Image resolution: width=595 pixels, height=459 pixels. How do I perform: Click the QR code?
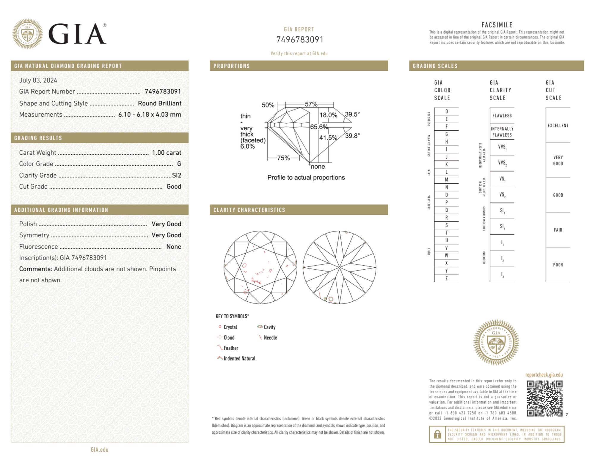[544, 398]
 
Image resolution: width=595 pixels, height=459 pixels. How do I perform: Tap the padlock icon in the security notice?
[437, 434]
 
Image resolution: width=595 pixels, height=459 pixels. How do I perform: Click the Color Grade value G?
[179, 164]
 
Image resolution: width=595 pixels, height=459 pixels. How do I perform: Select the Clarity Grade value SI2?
[176, 175]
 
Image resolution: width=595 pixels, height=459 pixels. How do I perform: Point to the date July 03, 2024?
[38, 80]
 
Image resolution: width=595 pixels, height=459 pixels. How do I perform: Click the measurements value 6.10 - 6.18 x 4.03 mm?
[150, 115]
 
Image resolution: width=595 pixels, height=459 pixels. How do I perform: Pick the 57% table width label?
[311, 104]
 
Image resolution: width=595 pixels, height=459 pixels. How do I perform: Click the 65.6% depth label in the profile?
[319, 127]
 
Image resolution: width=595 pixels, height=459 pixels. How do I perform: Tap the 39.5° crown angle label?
[352, 114]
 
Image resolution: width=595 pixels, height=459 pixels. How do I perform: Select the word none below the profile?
[318, 167]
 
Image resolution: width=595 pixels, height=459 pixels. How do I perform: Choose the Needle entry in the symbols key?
[270, 338]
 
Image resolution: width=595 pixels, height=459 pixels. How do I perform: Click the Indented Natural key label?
[239, 358]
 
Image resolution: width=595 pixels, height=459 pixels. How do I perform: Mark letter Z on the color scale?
[446, 278]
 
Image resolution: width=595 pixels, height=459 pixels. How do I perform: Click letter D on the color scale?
[446, 111]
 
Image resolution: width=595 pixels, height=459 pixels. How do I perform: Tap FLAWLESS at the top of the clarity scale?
[502, 115]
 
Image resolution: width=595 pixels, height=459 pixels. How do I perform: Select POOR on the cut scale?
[558, 265]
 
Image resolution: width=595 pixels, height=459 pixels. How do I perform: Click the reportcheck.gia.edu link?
[544, 375]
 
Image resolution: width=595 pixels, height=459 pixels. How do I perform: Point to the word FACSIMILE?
[497, 25]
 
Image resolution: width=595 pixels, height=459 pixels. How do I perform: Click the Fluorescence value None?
[174, 246]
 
